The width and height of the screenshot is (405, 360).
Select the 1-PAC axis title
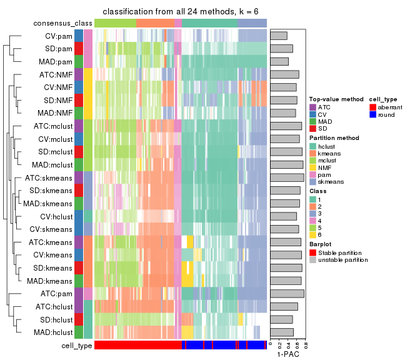pos(287,354)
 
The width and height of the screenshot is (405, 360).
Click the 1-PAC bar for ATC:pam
pos(287,293)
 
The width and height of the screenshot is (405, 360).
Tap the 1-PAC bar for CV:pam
pos(279,36)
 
